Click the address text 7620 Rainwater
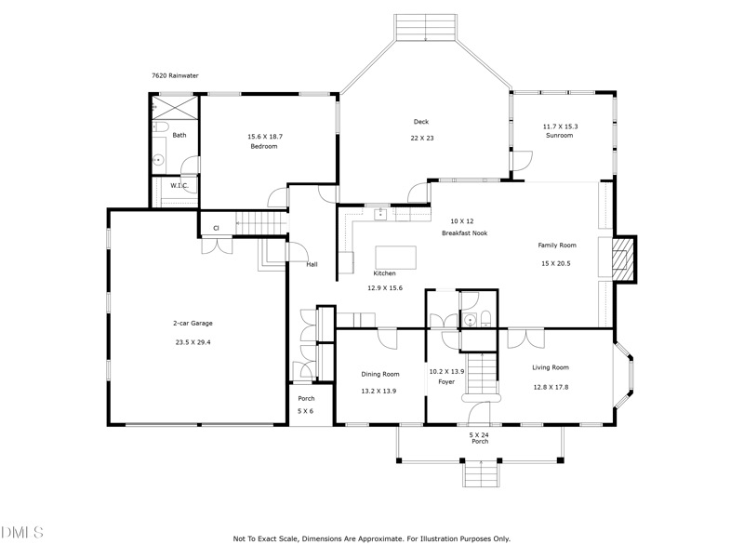click(175, 76)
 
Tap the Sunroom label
click(559, 136)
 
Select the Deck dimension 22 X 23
click(422, 139)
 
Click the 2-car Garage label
click(193, 324)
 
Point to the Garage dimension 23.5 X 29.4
click(193, 342)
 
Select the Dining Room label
click(379, 375)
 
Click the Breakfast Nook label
click(461, 233)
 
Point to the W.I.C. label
click(179, 185)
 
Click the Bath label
click(179, 135)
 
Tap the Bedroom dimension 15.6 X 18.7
click(264, 137)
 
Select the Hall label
click(312, 265)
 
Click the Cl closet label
click(216, 228)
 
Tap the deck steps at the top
click(426, 27)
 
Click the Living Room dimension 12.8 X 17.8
click(551, 387)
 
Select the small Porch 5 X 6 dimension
click(305, 411)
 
